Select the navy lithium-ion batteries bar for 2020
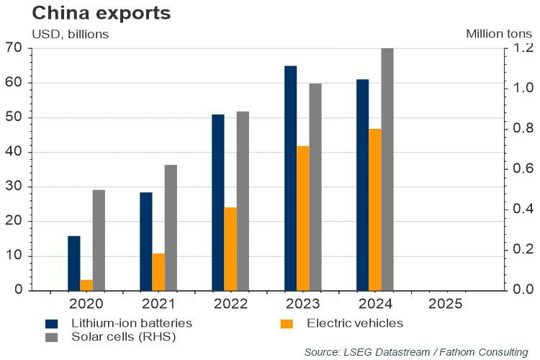74,263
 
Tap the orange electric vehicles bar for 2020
86,285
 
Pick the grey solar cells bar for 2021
171,228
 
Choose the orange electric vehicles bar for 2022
230,248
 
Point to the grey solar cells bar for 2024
387,169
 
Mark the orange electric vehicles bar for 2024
375,210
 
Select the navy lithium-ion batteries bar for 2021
146,241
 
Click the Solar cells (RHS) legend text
123,336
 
